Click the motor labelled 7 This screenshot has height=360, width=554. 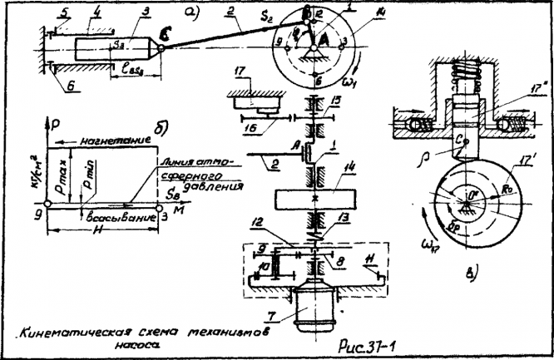point(315,309)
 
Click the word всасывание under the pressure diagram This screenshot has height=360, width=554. point(120,217)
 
